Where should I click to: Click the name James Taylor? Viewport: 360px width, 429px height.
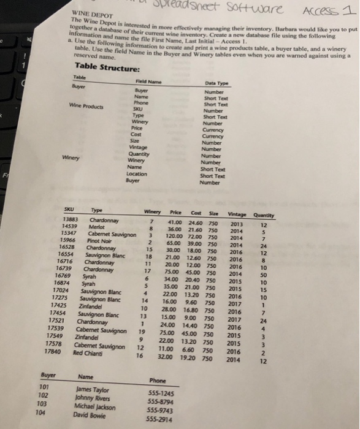point(94,390)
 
